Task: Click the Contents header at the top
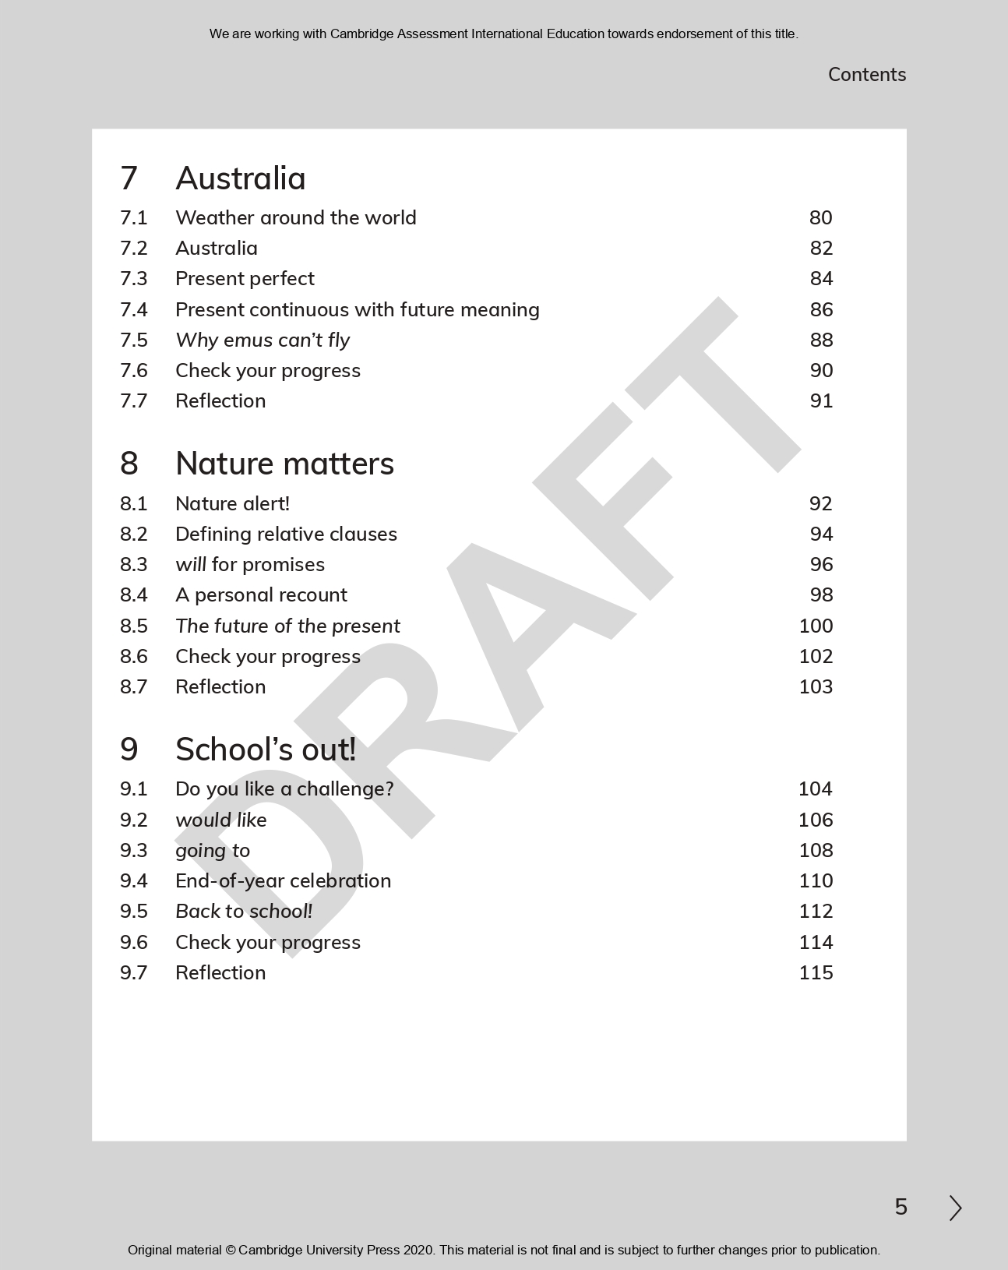pos(866,75)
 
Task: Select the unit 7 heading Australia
pos(240,178)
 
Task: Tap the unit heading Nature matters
pos(284,464)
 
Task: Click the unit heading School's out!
pos(266,750)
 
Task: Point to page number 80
pos(820,217)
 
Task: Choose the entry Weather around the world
pos(295,217)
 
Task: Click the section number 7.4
pos(133,309)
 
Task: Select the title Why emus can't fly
pos(263,340)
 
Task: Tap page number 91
pos(821,400)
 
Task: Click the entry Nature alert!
pos(232,503)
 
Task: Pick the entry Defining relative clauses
pos(286,534)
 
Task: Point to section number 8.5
pos(133,626)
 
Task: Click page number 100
pos(816,626)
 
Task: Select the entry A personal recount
pos(261,594)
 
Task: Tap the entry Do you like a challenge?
pos(284,788)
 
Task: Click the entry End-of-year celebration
pos(283,880)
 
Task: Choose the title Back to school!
pos(244,911)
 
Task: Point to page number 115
pos(816,972)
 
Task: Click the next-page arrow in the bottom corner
pos(955,1208)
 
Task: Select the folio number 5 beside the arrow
pos(901,1208)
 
